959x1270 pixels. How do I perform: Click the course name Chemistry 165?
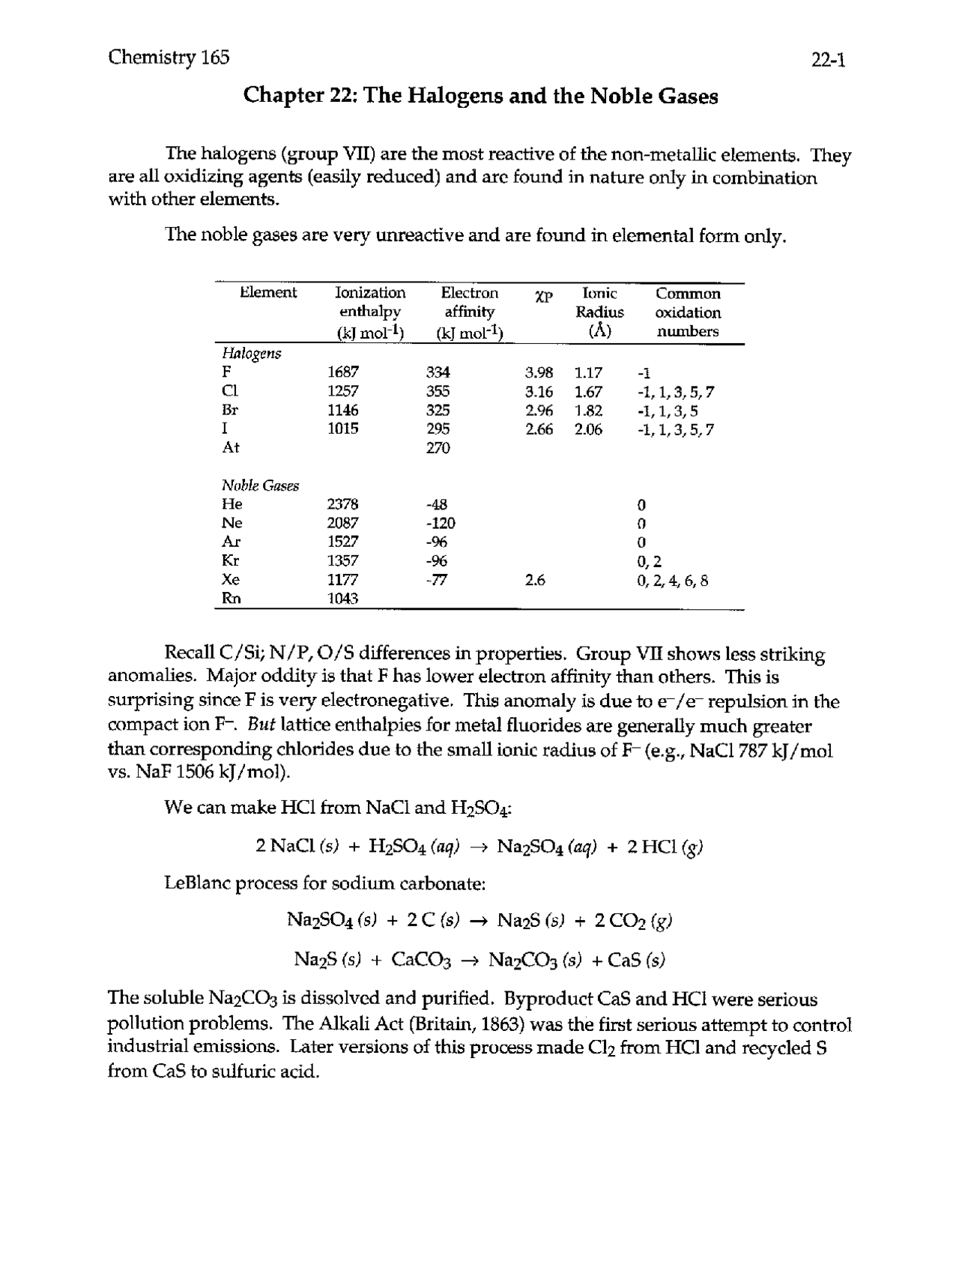point(169,58)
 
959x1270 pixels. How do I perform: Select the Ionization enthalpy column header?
point(369,312)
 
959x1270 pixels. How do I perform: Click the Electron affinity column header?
point(469,312)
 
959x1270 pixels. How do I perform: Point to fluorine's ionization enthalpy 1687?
point(343,372)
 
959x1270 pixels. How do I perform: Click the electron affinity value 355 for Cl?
point(438,391)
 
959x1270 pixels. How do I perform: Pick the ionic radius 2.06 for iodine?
point(588,429)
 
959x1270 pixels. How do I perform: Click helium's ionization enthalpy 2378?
point(343,504)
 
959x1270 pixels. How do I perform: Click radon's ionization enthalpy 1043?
point(343,599)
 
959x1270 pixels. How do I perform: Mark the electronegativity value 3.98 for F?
point(539,372)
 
